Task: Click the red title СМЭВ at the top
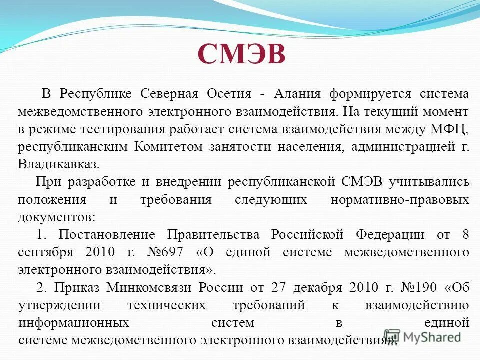click(x=242, y=54)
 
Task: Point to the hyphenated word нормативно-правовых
click(x=400, y=200)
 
